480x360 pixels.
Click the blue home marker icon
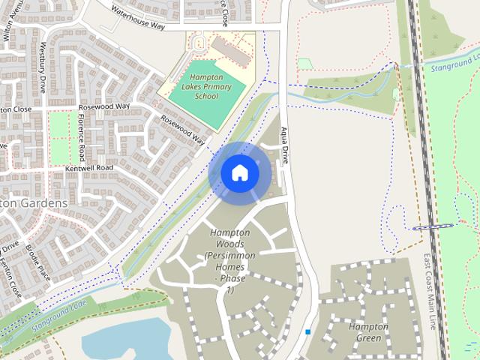[x=240, y=173]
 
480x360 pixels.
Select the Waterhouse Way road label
[x=137, y=19]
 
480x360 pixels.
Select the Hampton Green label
[x=368, y=332]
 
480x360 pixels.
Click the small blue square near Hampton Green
[x=307, y=331]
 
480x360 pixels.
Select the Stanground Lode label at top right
[x=454, y=62]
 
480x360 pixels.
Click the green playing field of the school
[x=211, y=100]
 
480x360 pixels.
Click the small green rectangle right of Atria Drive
[x=304, y=64]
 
